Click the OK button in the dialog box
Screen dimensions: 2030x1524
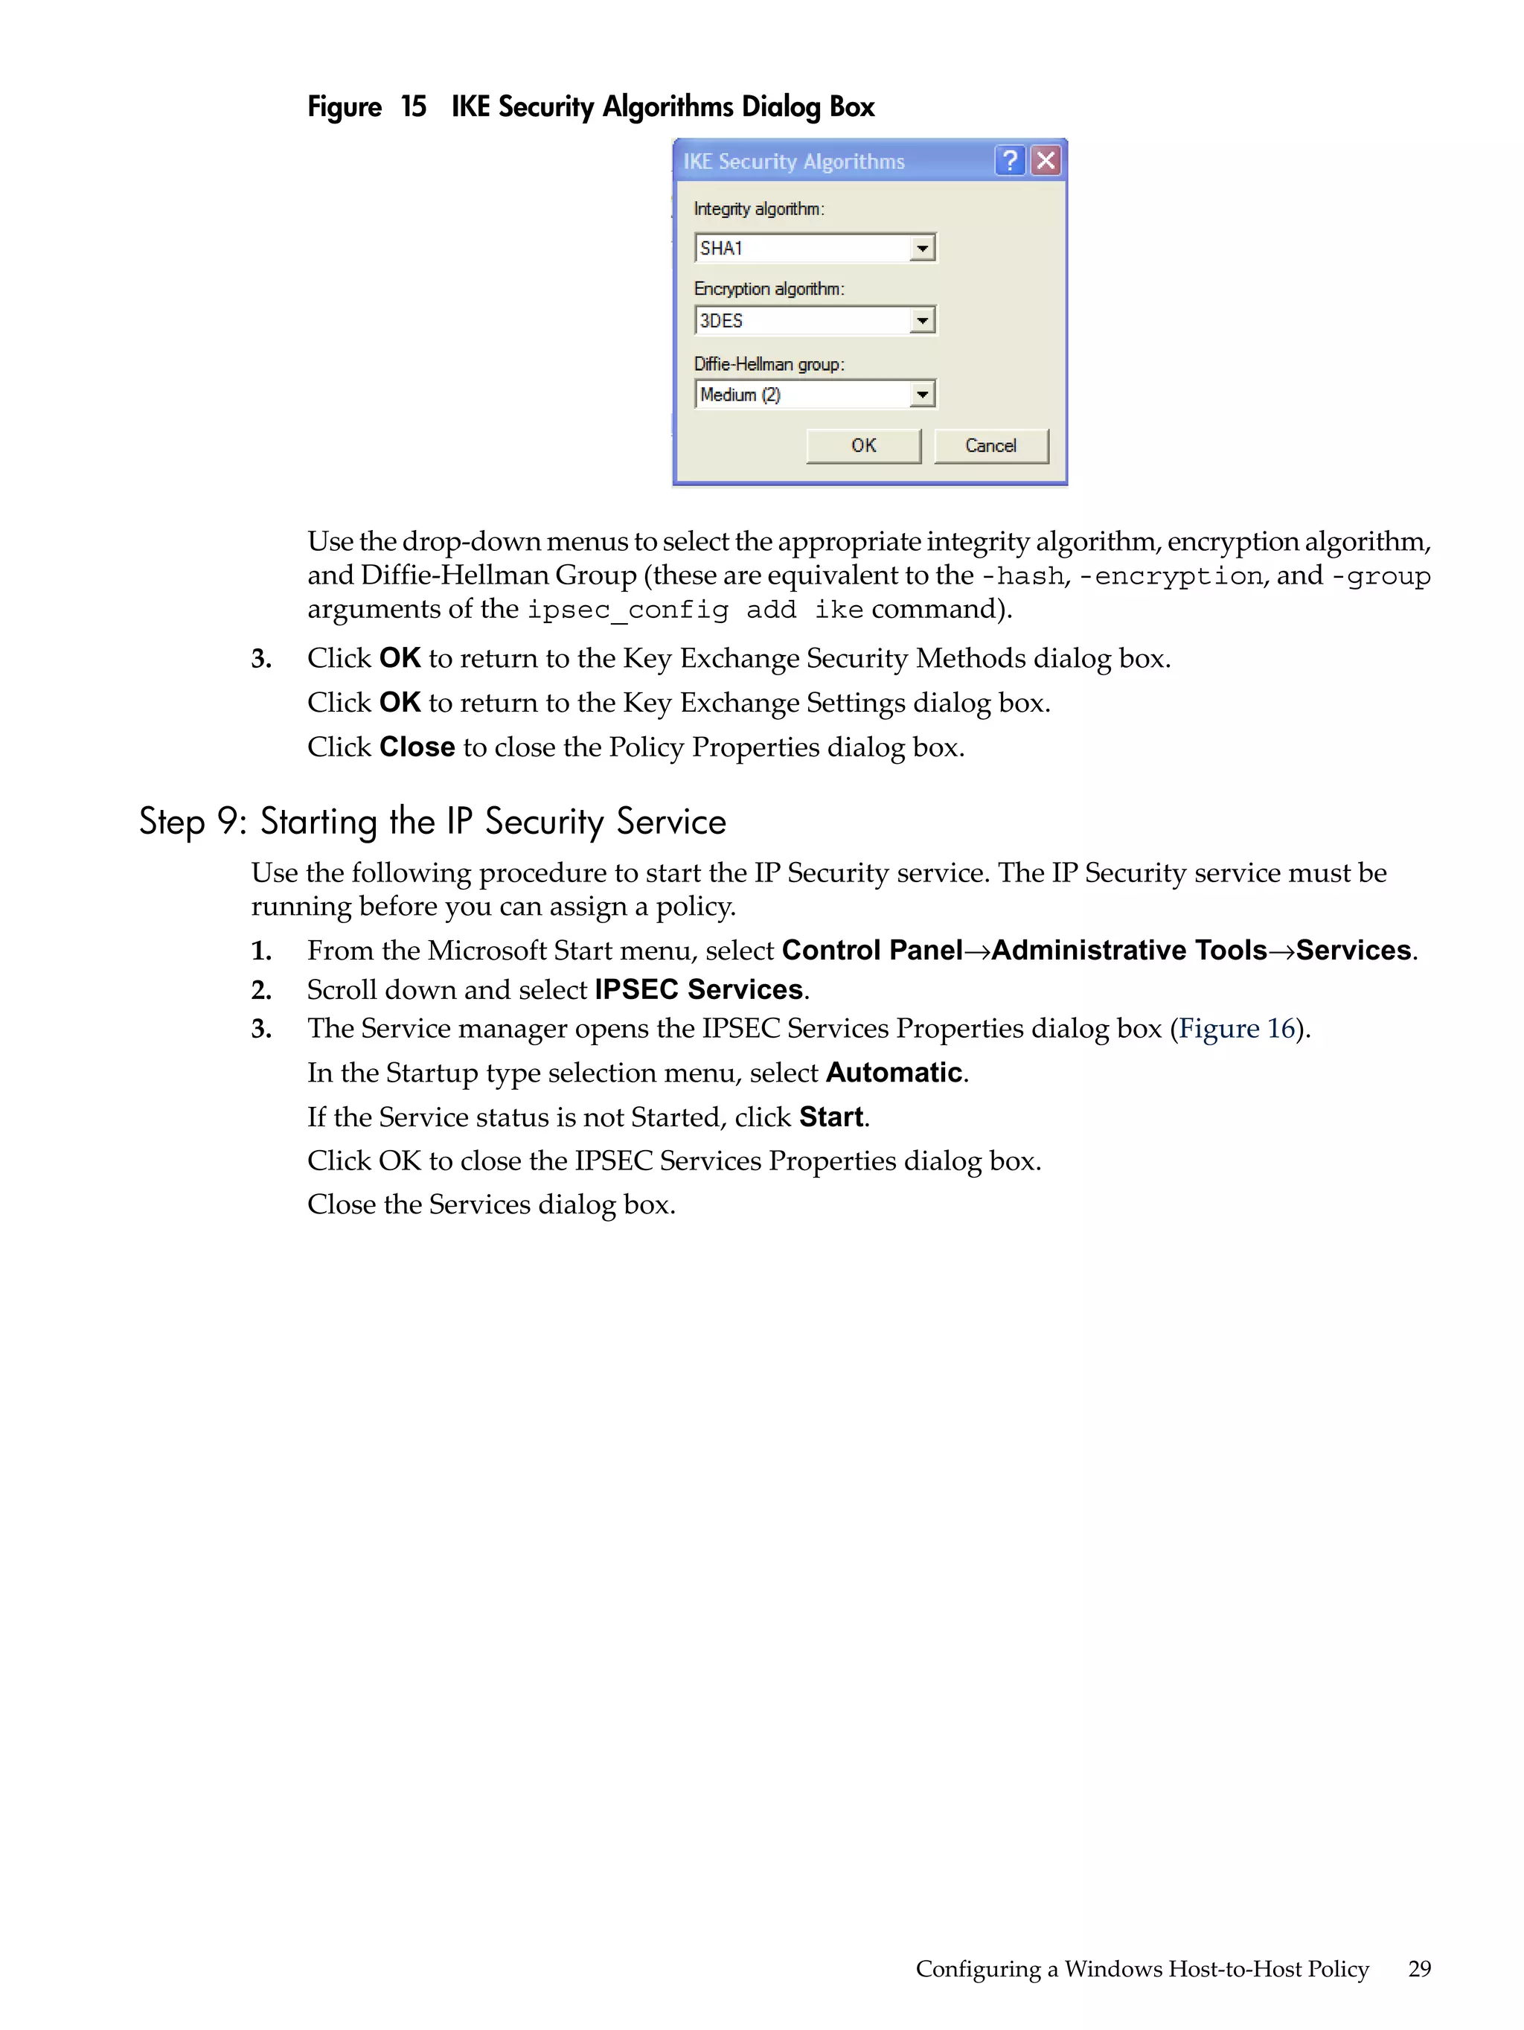click(x=862, y=446)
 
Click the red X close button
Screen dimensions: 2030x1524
click(x=1045, y=162)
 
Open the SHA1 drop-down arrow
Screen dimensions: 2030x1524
click(x=922, y=249)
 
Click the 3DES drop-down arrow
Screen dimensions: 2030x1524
click(x=922, y=321)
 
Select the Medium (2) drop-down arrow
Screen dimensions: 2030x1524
click(x=922, y=395)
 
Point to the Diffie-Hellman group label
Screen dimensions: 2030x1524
click(x=768, y=364)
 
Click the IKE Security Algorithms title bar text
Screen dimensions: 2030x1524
click(x=794, y=162)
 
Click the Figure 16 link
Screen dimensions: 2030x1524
click(x=1236, y=1029)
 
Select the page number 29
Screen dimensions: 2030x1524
click(x=1418, y=1968)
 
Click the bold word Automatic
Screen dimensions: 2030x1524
click(x=894, y=1073)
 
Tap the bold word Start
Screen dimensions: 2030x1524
click(x=831, y=1117)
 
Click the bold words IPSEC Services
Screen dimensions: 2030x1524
click(x=698, y=990)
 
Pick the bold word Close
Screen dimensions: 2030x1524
click(x=417, y=747)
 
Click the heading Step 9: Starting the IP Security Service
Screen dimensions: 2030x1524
click(x=432, y=821)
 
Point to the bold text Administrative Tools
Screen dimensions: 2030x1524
click(x=1129, y=951)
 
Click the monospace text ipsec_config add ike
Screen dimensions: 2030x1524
click(x=694, y=610)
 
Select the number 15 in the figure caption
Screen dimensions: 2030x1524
click(x=413, y=107)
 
